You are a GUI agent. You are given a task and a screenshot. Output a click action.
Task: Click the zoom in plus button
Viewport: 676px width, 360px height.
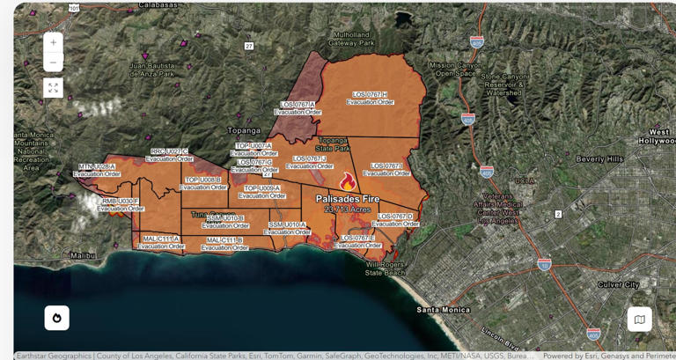pyautogui.click(x=53, y=42)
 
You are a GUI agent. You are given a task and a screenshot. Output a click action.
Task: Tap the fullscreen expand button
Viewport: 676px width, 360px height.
pyautogui.click(x=53, y=87)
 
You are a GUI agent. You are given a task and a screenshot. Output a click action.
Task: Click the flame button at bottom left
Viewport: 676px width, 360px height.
pyautogui.click(x=57, y=318)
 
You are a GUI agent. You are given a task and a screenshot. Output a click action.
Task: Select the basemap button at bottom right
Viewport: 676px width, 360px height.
pyautogui.click(x=640, y=319)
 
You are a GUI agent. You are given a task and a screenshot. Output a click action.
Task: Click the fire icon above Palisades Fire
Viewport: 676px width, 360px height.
pyautogui.click(x=348, y=182)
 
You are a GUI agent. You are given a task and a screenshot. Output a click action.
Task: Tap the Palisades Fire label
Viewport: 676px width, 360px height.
pyautogui.click(x=348, y=199)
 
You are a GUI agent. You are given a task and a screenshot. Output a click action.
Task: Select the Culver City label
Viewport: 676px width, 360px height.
pyautogui.click(x=619, y=285)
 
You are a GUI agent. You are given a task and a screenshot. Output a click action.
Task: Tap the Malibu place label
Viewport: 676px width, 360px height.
pyautogui.click(x=83, y=255)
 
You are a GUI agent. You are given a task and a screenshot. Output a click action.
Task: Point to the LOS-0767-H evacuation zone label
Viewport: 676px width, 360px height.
pyautogui.click(x=370, y=94)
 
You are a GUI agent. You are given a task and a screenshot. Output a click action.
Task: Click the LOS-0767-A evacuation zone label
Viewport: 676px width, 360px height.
pyautogui.click(x=298, y=105)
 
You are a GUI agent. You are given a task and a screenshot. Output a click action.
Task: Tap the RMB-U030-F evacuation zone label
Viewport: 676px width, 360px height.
pyautogui.click(x=121, y=202)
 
